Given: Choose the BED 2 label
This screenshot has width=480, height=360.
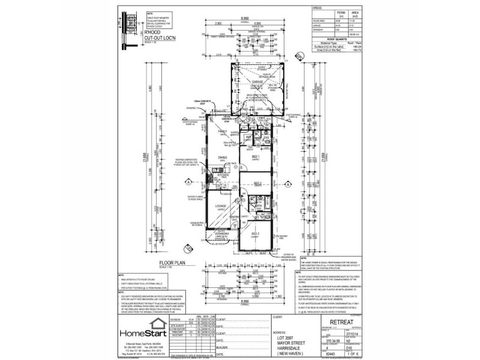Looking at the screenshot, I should click(x=257, y=184).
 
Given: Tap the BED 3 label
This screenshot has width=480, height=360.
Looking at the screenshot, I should click(x=256, y=233).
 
